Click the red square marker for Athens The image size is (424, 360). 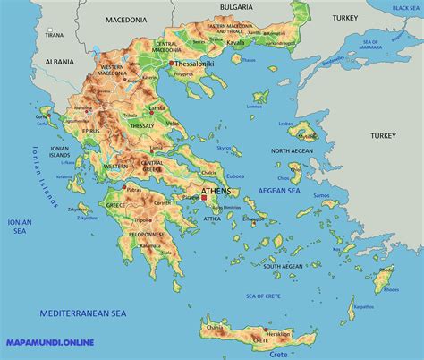203,197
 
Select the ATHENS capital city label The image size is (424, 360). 218,190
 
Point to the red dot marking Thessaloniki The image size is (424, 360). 171,64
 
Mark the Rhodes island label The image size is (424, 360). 386,269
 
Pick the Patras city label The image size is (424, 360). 135,190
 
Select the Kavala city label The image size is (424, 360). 236,42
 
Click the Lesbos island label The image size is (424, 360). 311,124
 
